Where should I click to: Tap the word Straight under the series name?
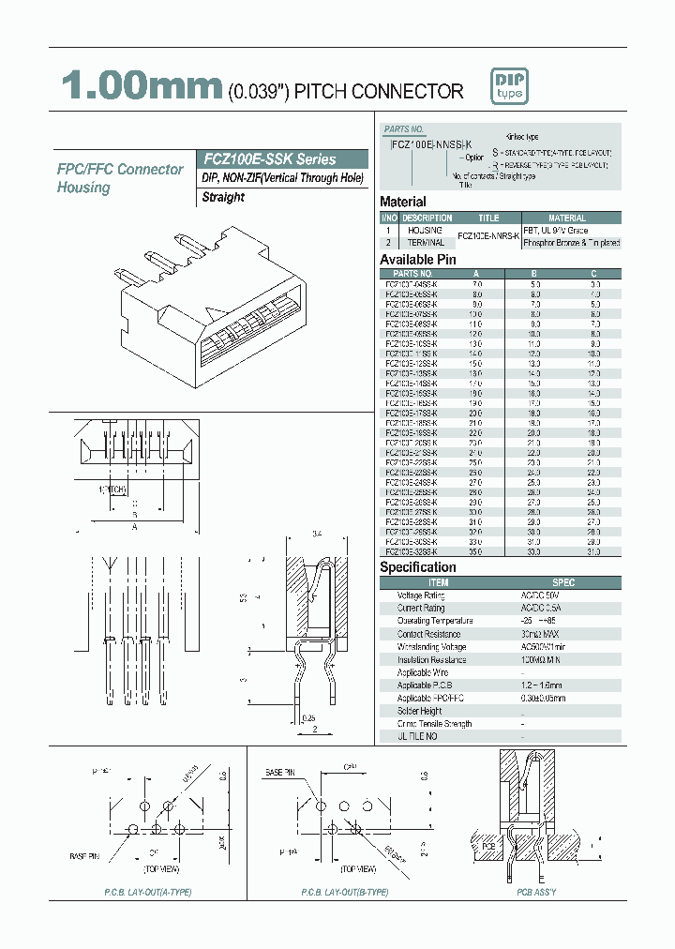[x=223, y=197]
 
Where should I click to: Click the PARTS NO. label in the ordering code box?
[x=404, y=128]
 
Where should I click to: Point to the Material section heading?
[x=402, y=202]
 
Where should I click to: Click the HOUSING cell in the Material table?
[x=425, y=230]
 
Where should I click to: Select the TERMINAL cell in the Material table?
[x=425, y=242]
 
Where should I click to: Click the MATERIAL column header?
[x=566, y=218]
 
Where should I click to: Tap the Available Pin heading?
[x=417, y=260]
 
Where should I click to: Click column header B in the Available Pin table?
[x=534, y=274]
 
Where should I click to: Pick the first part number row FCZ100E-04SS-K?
[x=411, y=283]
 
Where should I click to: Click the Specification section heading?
[x=417, y=567]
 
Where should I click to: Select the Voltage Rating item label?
[x=421, y=595]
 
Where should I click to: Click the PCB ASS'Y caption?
[x=536, y=892]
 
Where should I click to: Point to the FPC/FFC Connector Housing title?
[x=120, y=178]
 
